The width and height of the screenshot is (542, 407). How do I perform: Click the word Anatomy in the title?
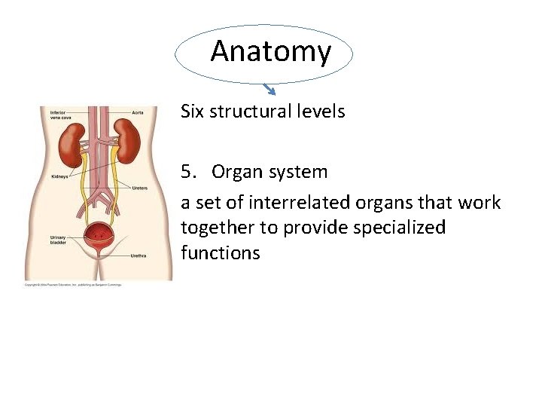[x=270, y=51]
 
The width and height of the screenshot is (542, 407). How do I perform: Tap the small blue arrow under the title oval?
[x=272, y=91]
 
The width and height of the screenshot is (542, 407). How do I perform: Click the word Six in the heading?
[x=193, y=112]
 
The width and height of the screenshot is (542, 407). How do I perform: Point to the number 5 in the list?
[x=186, y=172]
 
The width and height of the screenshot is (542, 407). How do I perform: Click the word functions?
[x=220, y=253]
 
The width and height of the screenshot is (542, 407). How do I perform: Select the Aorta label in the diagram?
[x=138, y=112]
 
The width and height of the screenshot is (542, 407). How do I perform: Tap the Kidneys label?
[x=58, y=176]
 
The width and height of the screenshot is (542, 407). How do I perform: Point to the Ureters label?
[x=139, y=188]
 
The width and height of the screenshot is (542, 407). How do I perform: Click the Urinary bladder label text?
[x=58, y=239]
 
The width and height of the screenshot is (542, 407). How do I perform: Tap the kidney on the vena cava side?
[x=73, y=145]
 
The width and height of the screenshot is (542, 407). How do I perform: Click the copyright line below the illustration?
[x=72, y=285]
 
